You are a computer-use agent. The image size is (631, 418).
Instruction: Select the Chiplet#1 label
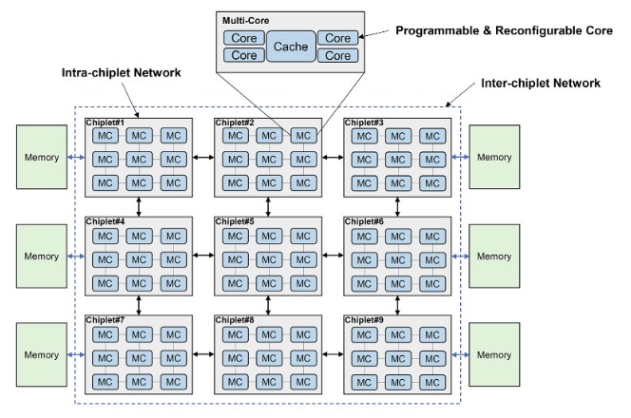pos(105,123)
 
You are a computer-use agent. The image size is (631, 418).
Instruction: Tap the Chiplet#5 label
pos(234,221)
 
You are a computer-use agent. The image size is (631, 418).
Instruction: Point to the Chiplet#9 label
pos(363,320)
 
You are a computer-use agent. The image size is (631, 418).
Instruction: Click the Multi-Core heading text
pos(245,19)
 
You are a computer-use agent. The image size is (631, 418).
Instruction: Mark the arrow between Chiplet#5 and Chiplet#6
pos(331,255)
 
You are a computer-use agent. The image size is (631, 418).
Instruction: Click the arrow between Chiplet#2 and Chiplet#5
pos(268,204)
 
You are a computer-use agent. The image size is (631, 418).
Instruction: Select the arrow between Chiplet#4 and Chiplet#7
pos(139,303)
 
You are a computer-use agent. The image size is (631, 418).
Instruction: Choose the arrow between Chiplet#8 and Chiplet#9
pos(331,353)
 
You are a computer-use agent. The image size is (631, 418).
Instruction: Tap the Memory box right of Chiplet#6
pos(495,256)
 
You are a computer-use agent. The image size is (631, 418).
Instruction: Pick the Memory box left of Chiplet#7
pos(41,353)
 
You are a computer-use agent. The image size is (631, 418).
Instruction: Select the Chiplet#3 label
pos(363,123)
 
